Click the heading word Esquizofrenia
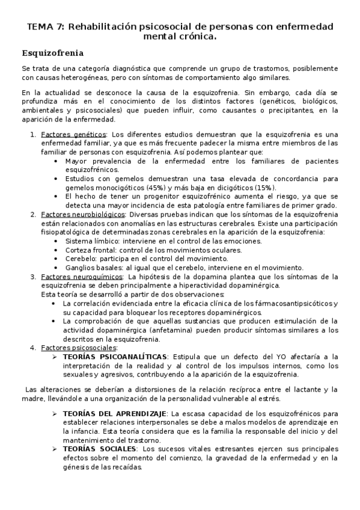click(52, 52)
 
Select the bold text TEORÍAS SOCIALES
click(100, 449)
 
